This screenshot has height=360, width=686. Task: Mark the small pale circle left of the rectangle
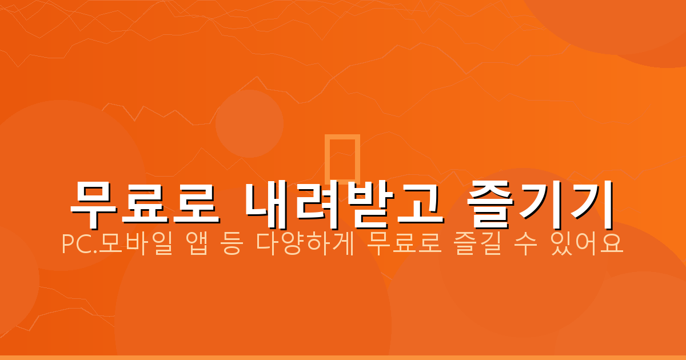pos(249,123)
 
